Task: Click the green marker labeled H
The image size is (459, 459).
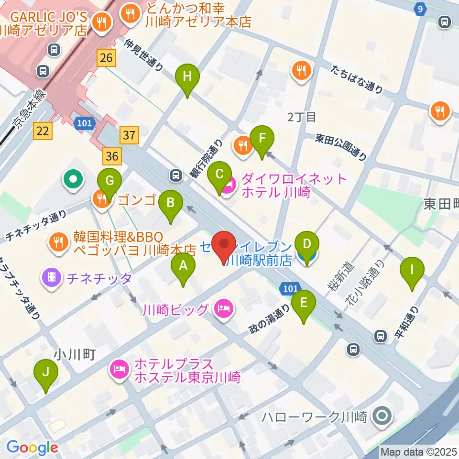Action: [x=187, y=76]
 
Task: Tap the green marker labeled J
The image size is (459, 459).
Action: [x=46, y=372]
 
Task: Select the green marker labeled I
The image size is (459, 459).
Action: [x=412, y=270]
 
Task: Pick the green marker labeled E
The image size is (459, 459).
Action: [x=304, y=303]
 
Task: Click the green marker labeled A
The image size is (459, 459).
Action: [x=183, y=265]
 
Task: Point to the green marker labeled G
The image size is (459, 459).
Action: [x=109, y=182]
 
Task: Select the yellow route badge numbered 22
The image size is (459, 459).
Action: [x=43, y=131]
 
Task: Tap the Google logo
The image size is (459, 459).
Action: [x=32, y=448]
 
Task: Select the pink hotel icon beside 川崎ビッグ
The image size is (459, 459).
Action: [x=224, y=308]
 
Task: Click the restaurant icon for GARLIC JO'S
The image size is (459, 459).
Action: [x=102, y=21]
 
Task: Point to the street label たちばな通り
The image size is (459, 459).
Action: [x=356, y=79]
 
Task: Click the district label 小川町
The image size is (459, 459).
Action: [x=76, y=354]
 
